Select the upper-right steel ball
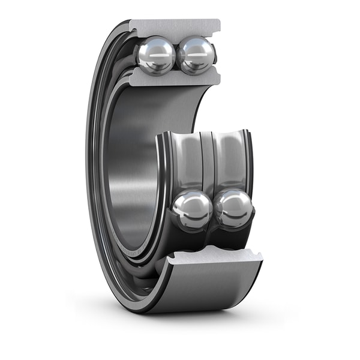tap(196, 55)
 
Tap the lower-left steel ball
tap(192, 210)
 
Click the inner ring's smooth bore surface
tap(129, 162)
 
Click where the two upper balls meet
tap(176, 55)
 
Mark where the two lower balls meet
tap(214, 210)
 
